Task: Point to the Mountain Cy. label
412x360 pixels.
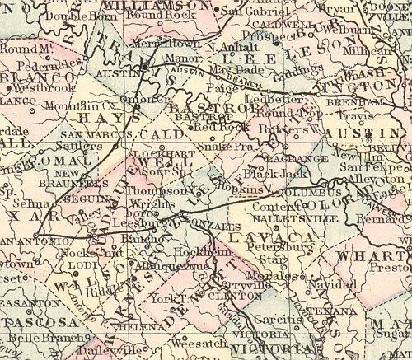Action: (68, 105)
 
